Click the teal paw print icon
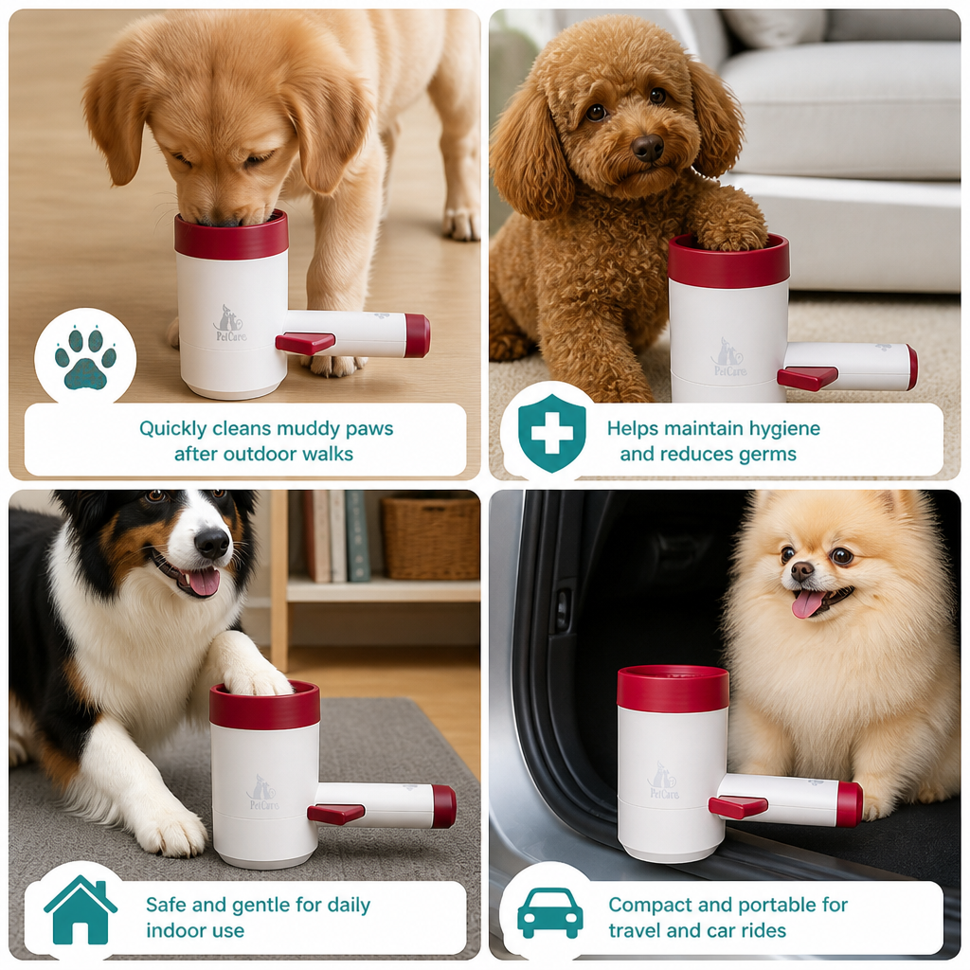tap(85, 358)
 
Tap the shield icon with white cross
tap(552, 433)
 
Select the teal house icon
tap(81, 909)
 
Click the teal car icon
tap(550, 913)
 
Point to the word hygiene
tap(784, 429)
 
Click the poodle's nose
tap(648, 148)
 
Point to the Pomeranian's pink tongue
tap(808, 603)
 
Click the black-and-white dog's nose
tap(211, 544)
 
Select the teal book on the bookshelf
tap(357, 536)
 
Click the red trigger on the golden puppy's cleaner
tap(305, 343)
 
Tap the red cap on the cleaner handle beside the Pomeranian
tap(850, 804)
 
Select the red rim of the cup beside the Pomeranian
tap(674, 688)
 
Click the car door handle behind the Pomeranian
tap(563, 610)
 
